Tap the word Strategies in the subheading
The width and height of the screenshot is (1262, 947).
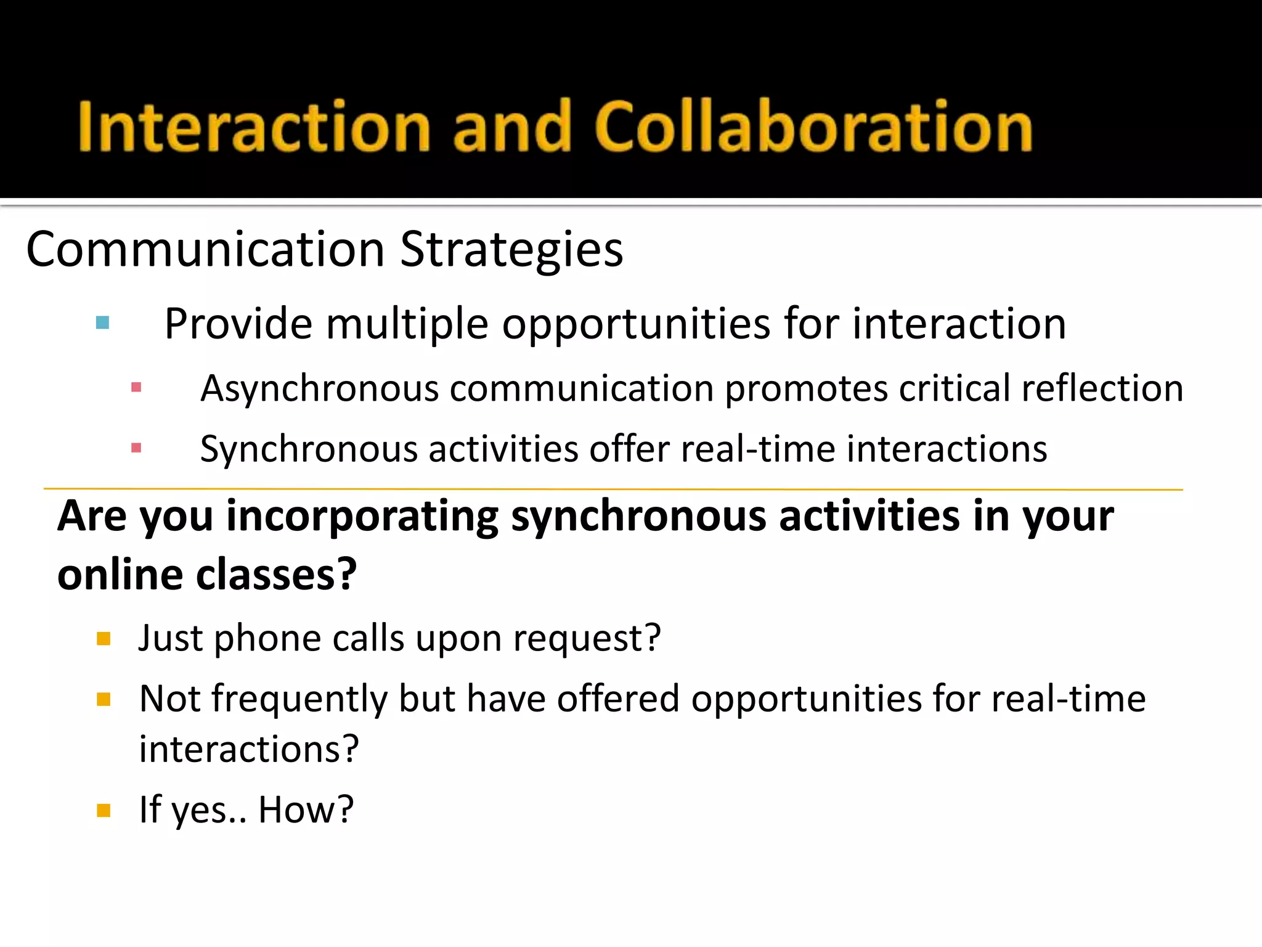click(511, 250)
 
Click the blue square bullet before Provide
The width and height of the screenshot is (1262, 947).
click(103, 322)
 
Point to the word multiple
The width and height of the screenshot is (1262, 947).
click(407, 324)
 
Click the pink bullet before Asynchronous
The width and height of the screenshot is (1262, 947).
click(136, 388)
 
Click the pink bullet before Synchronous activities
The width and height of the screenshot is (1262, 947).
click(136, 448)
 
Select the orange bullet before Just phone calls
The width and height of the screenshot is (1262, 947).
click(104, 639)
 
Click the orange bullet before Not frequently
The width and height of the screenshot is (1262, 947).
click(104, 699)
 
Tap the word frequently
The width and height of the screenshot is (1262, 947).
click(299, 700)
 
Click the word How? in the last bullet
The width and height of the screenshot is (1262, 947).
click(306, 810)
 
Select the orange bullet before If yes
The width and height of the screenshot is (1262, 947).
click(104, 810)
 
